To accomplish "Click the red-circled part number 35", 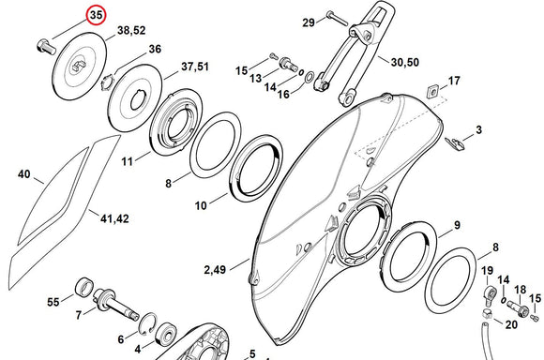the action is (96, 16).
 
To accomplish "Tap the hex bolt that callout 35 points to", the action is (46, 48).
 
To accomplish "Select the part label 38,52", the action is (131, 31).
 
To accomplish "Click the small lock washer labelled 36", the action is (107, 82).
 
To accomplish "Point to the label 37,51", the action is (195, 67).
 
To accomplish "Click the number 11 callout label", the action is (127, 161).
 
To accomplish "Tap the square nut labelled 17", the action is (432, 91).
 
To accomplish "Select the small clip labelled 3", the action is (455, 143).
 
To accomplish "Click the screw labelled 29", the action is (337, 18).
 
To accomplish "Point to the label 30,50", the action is (405, 63).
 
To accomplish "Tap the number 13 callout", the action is (255, 79).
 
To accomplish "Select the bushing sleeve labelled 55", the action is (84, 288).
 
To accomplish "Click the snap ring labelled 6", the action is (149, 323).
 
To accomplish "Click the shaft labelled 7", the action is (116, 303).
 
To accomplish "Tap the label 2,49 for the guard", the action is (215, 269).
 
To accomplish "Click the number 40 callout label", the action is (24, 174).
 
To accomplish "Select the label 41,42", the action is (114, 218).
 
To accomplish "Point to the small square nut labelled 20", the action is (488, 314).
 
